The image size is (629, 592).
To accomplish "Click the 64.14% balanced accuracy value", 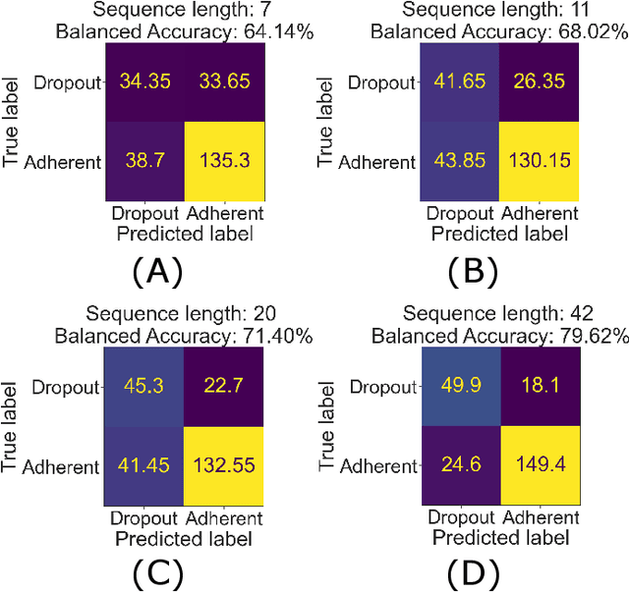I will click(277, 31).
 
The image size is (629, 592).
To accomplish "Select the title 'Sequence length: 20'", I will click(182, 314).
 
